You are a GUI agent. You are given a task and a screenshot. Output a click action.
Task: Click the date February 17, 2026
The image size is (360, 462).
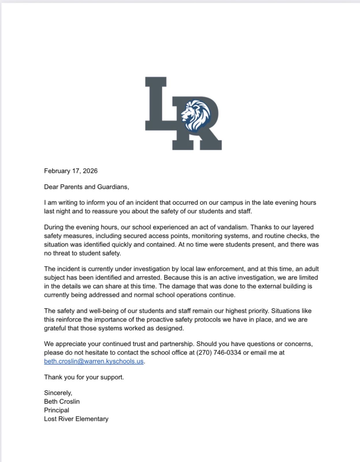(x=71, y=171)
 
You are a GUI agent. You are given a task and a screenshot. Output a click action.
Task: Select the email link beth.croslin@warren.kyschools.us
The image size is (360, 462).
(x=94, y=361)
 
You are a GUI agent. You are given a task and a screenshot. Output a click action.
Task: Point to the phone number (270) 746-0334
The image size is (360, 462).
(x=219, y=353)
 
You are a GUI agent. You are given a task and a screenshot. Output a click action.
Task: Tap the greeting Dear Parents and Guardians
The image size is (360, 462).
(x=86, y=187)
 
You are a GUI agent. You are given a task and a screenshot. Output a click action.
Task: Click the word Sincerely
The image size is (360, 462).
(x=58, y=393)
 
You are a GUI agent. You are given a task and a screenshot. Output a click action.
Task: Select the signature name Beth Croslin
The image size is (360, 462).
(x=62, y=401)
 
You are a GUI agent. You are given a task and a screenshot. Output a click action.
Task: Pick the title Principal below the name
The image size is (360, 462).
(x=57, y=410)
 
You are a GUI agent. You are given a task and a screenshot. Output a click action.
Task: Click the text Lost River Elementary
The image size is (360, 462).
(x=76, y=419)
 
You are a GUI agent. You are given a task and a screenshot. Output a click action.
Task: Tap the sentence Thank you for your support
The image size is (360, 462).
(x=84, y=377)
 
